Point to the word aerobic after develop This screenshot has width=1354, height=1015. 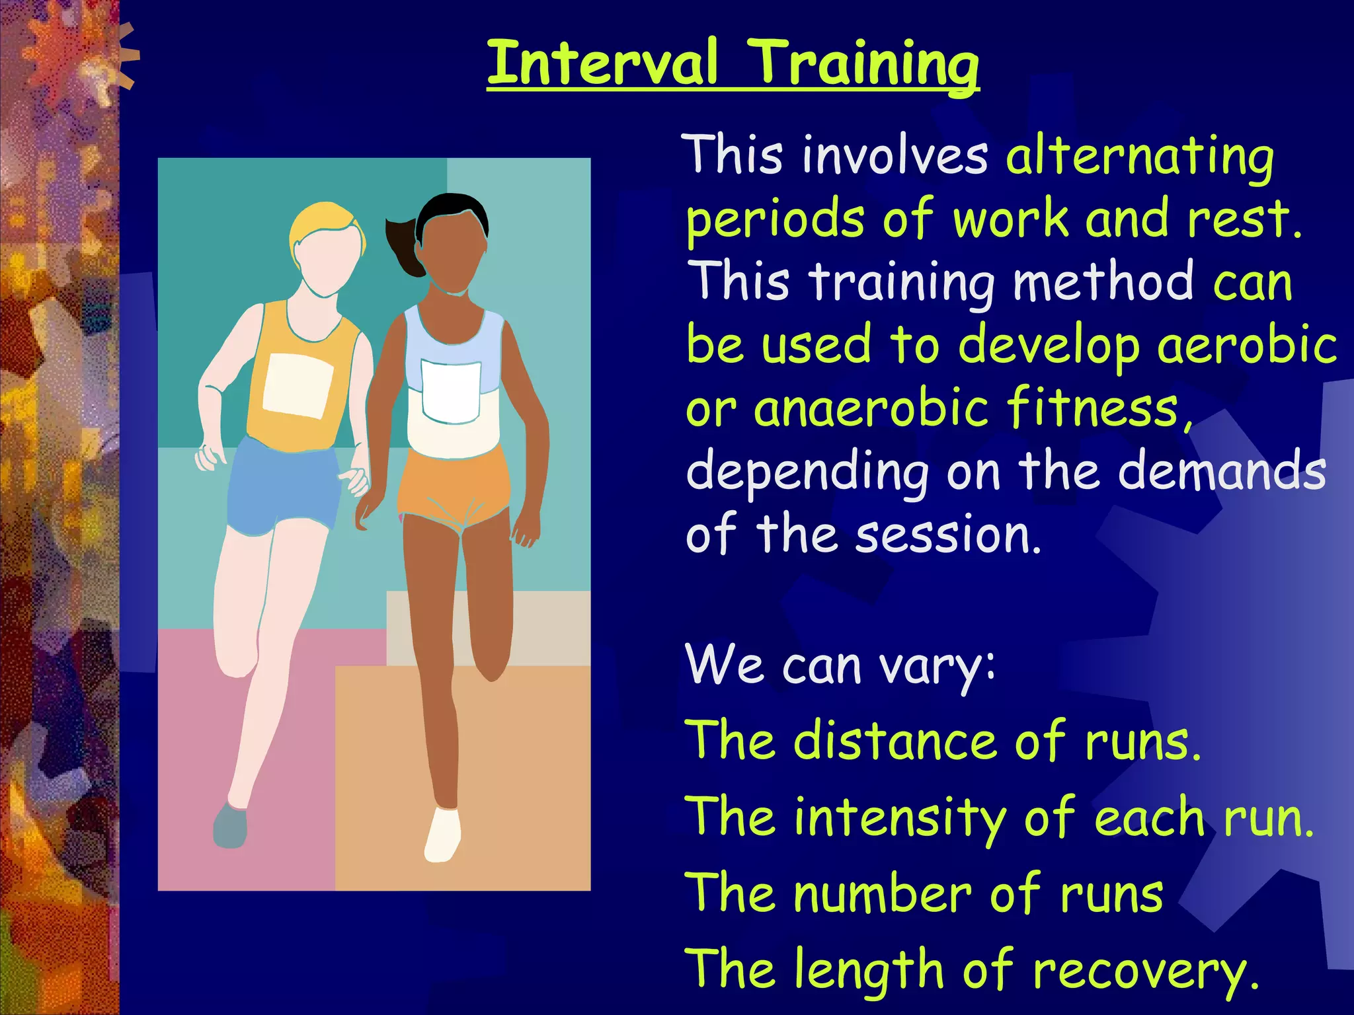tap(1247, 346)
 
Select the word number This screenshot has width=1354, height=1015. tap(883, 894)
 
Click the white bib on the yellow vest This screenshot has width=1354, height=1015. tap(298, 386)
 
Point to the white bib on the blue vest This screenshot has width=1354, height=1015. tap(451, 392)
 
